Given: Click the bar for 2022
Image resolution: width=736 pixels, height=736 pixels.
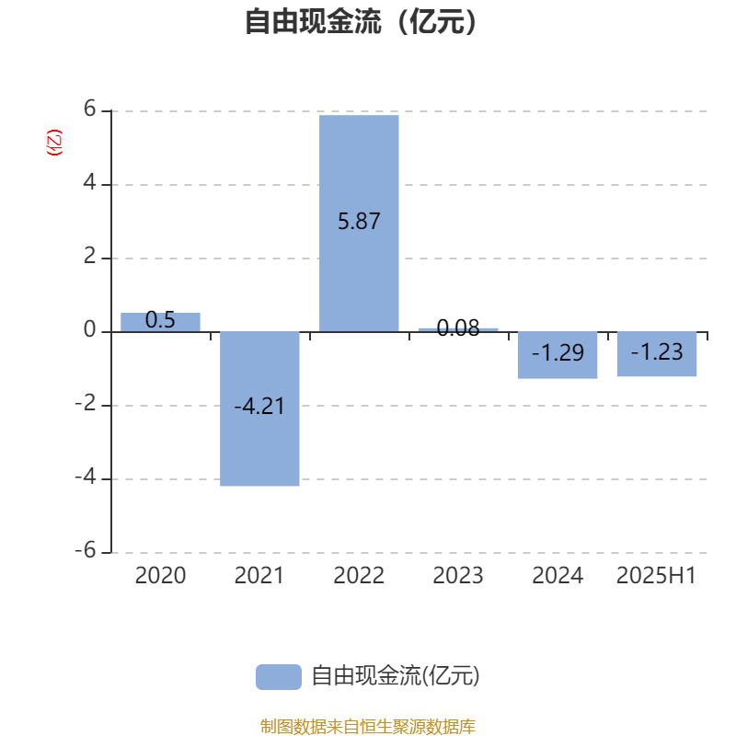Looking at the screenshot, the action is click(x=359, y=224).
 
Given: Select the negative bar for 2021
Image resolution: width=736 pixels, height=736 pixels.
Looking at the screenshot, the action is click(x=259, y=408).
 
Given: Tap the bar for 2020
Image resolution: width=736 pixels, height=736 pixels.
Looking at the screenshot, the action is click(x=160, y=323).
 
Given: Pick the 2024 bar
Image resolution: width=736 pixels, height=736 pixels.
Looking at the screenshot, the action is click(x=558, y=355).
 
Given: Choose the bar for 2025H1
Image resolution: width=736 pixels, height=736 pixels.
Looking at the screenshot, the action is click(x=657, y=354).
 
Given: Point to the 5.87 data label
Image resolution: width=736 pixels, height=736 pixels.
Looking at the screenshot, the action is click(x=359, y=221).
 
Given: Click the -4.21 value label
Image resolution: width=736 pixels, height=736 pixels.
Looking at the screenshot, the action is click(x=259, y=406).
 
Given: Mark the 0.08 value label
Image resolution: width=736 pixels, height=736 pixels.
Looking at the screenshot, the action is click(x=458, y=328).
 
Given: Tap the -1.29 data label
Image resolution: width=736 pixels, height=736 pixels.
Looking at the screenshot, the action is click(x=558, y=352).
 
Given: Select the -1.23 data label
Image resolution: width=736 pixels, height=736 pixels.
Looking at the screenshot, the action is click(x=657, y=351).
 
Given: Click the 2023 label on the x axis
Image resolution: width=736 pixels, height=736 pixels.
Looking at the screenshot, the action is click(x=458, y=576).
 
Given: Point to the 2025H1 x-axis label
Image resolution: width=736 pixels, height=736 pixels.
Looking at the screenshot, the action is click(x=656, y=576).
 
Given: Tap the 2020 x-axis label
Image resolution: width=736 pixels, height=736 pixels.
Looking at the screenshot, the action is click(x=160, y=576).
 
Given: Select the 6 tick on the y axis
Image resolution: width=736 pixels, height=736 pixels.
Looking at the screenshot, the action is click(x=89, y=109).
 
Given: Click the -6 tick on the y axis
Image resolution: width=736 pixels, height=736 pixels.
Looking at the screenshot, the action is click(x=86, y=549).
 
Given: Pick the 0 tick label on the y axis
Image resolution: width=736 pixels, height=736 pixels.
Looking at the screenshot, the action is click(x=89, y=330).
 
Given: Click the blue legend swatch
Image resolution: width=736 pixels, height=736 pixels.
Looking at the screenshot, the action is click(x=279, y=677).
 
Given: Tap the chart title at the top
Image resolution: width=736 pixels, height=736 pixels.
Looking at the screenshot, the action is click(x=361, y=21).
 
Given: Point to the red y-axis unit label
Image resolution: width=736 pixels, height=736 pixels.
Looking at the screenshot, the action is click(x=54, y=143).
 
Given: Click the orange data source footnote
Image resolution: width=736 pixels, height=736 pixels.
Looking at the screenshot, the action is click(x=367, y=726).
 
